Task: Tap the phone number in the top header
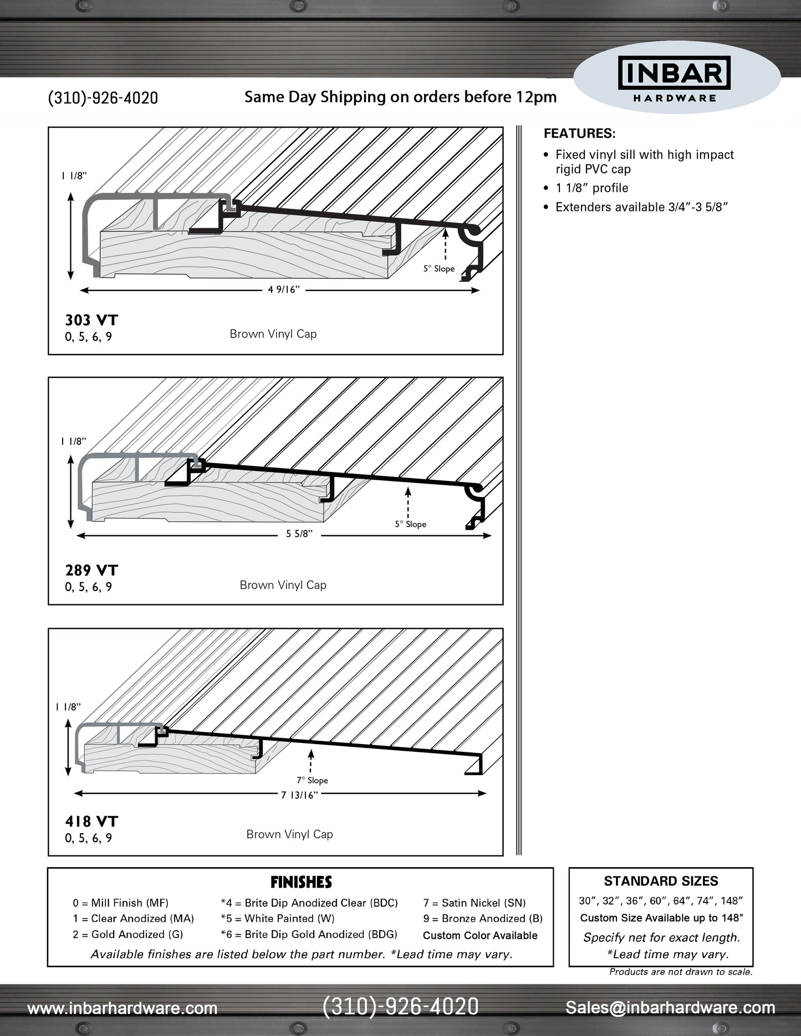[103, 98]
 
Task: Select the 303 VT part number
[91, 320]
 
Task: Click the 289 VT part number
[91, 571]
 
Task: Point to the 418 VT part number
[91, 822]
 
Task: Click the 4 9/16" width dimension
[284, 290]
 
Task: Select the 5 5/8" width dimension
[299, 534]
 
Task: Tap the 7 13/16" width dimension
[299, 796]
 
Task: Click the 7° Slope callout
[312, 780]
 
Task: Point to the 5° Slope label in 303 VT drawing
[439, 269]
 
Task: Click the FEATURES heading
[579, 134]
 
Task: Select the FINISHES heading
[301, 882]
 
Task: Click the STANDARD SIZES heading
[661, 881]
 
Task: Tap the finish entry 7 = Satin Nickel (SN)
[475, 903]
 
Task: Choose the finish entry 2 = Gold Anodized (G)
[127, 935]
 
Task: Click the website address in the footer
[123, 1008]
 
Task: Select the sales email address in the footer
[670, 1008]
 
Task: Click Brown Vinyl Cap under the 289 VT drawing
[283, 585]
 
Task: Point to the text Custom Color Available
[480, 936]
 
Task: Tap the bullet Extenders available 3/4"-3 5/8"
[641, 207]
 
